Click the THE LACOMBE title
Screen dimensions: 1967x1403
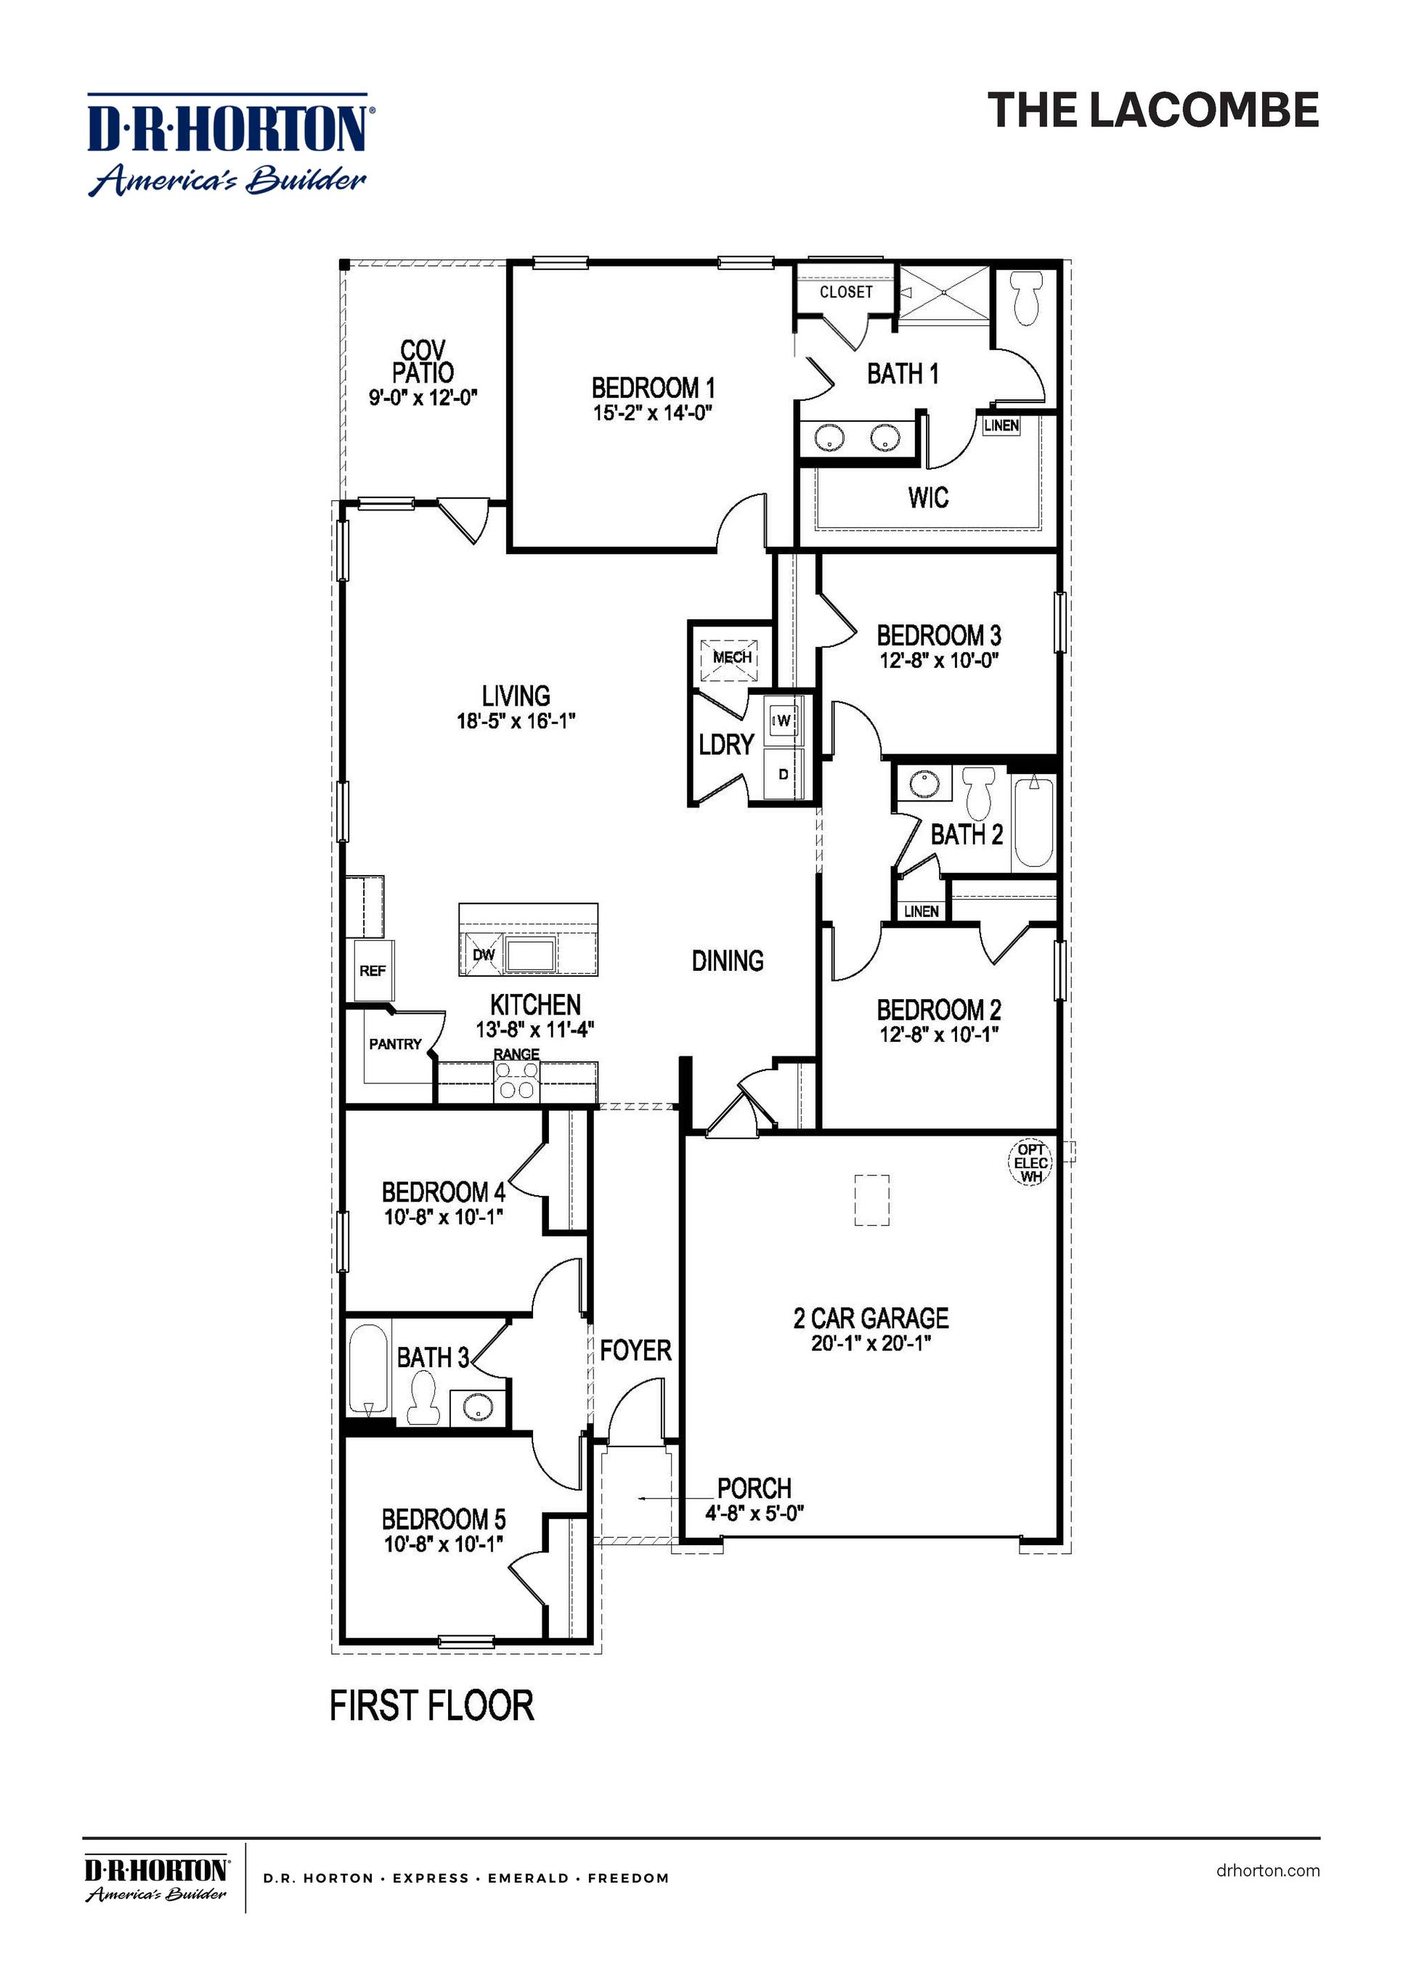pos(1152,110)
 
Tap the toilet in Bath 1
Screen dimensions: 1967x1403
pos(1025,298)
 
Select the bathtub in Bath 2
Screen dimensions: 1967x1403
pos(1033,821)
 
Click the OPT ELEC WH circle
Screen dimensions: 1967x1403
pos(1031,1162)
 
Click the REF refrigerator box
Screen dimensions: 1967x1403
pos(373,970)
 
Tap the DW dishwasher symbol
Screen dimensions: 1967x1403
pos(482,953)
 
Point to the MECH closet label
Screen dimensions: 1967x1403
pos(732,657)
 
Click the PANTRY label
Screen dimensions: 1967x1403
pos(395,1043)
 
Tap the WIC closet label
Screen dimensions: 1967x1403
pos(928,497)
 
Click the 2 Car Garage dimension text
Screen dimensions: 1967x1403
pos(870,1343)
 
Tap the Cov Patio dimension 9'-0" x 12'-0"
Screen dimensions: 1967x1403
pos(423,397)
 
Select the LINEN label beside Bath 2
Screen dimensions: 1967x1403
pos(921,911)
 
